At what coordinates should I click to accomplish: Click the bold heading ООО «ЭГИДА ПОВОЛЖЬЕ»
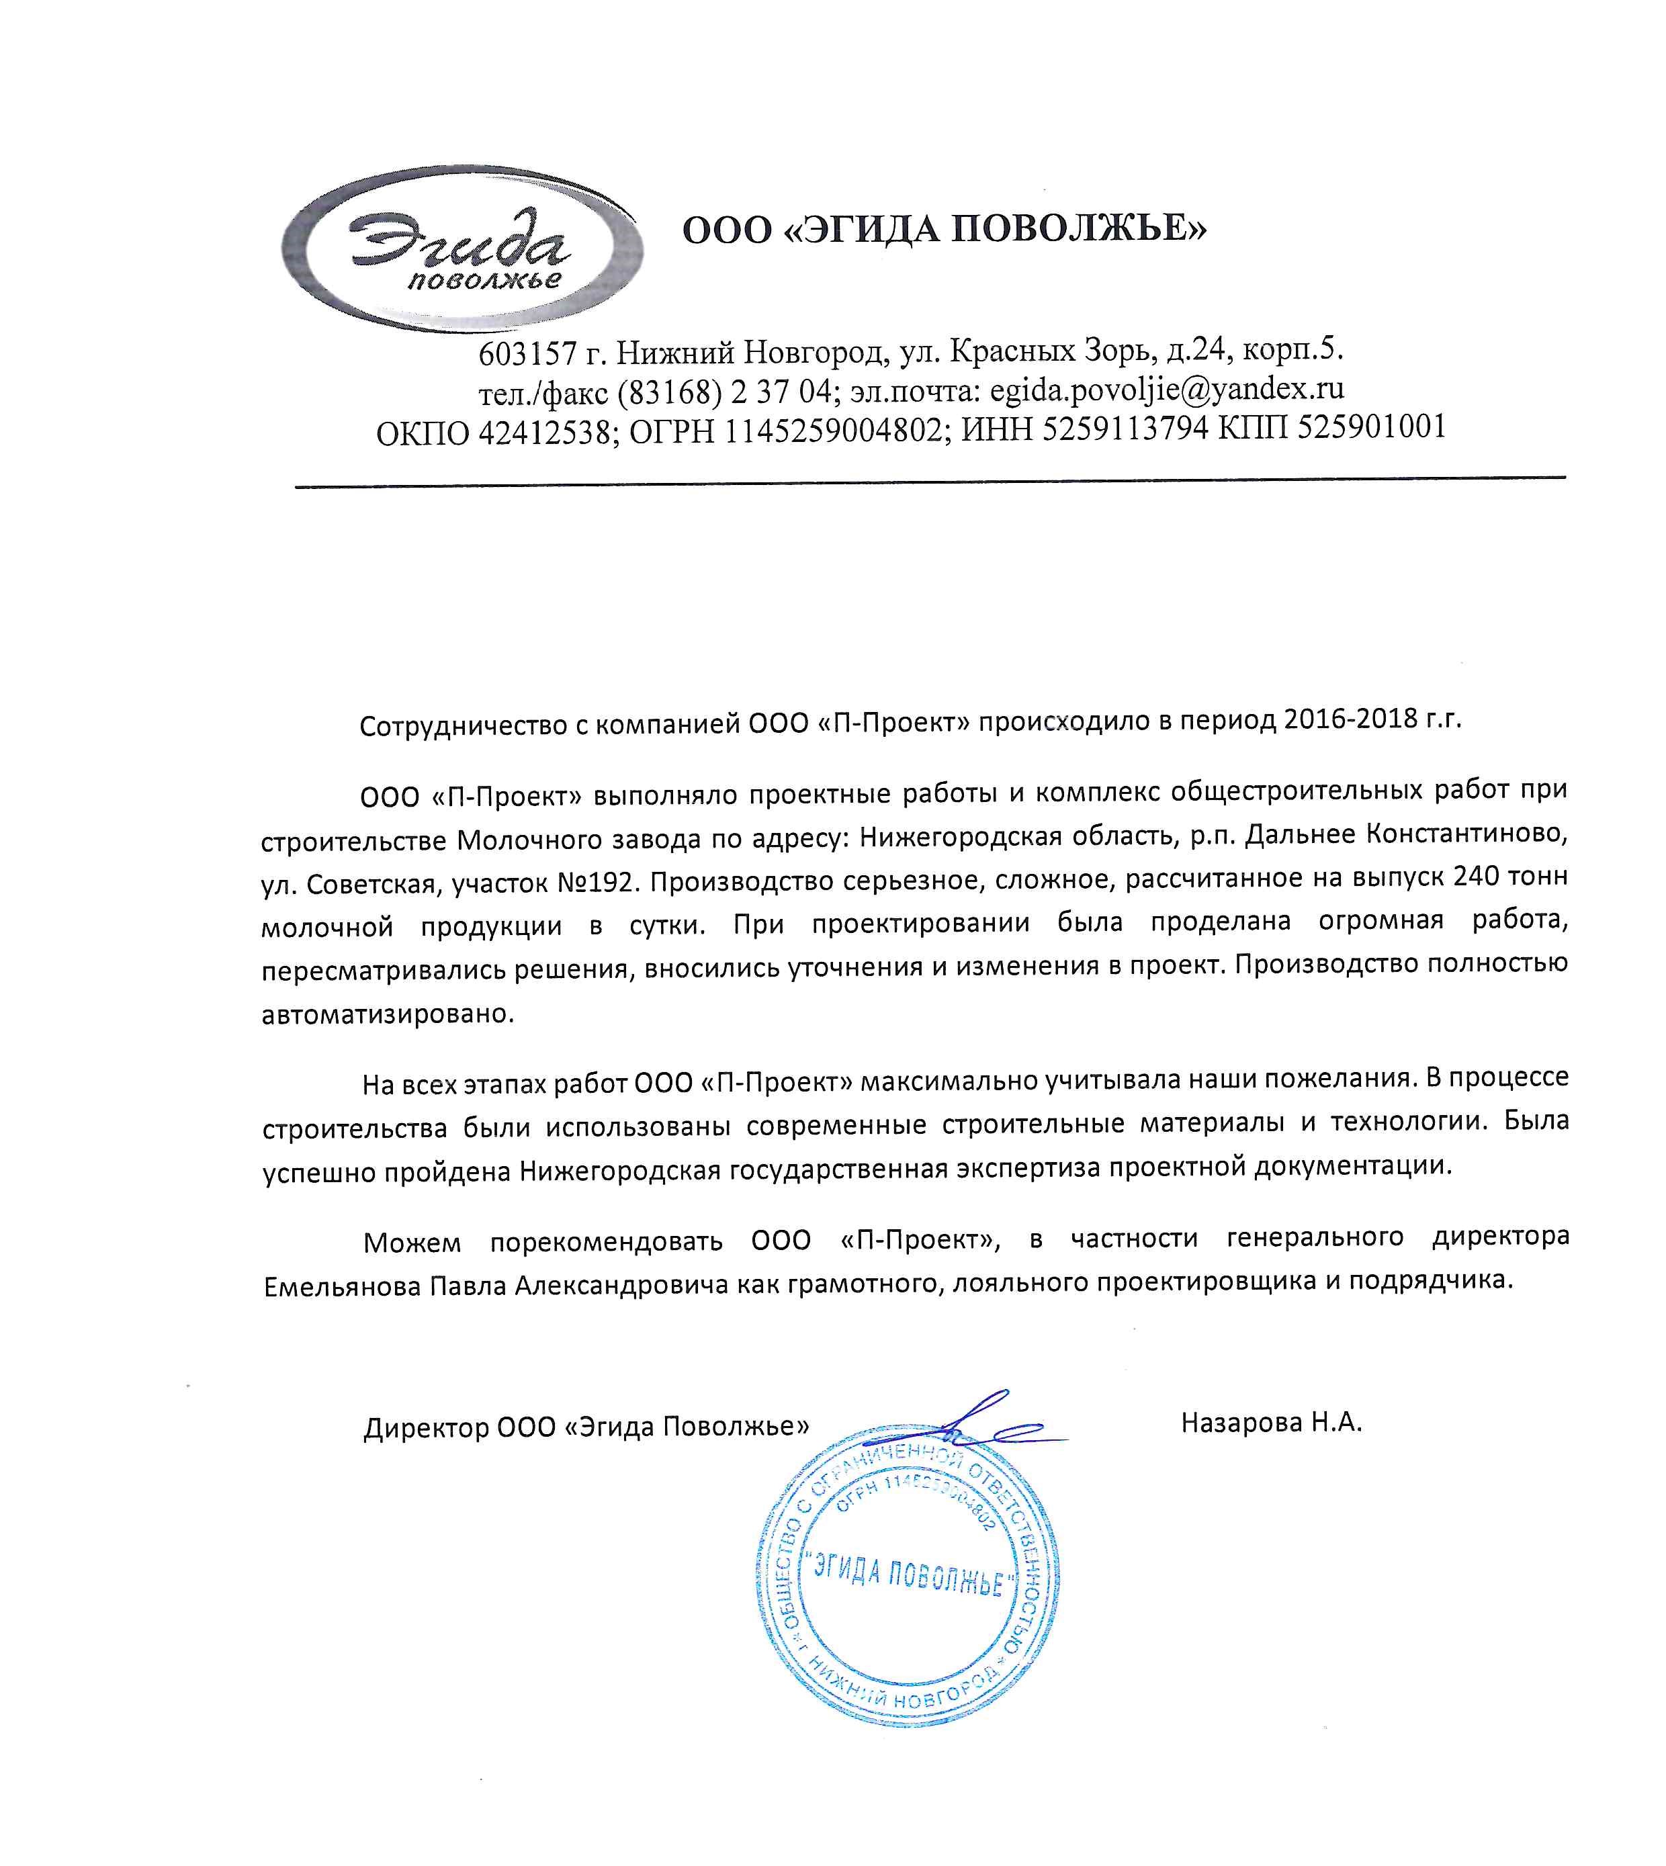point(945,228)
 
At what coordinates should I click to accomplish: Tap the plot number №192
point(593,882)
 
